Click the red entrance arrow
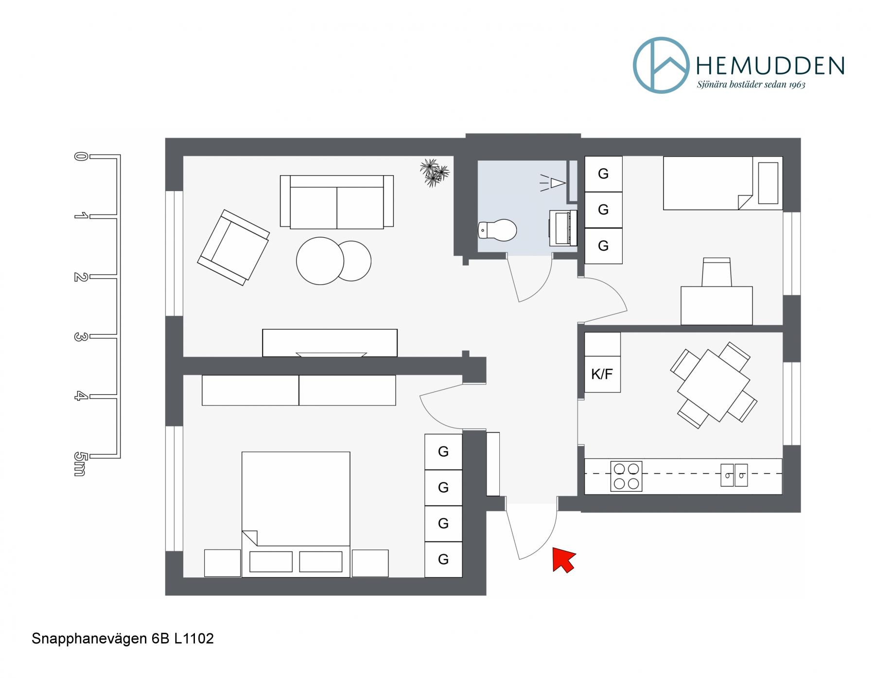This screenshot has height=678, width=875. point(563,559)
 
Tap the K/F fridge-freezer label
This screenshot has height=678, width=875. point(602,374)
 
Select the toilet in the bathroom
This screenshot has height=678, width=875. point(497,230)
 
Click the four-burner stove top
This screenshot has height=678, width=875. point(626,476)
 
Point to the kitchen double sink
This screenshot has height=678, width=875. point(734,475)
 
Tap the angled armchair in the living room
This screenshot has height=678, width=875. point(233,247)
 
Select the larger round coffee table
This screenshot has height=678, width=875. point(320,261)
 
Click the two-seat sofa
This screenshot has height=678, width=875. point(337,201)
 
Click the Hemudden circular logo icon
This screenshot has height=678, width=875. point(661,65)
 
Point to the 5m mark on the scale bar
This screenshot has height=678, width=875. point(80,464)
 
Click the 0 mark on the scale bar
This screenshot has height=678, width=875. point(80,157)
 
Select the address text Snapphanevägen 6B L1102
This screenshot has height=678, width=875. point(122,639)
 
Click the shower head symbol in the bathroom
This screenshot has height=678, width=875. point(554,183)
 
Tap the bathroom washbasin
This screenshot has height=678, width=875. point(563,228)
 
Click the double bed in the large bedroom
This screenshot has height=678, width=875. point(296,515)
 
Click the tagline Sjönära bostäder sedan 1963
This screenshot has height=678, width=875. point(751,85)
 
